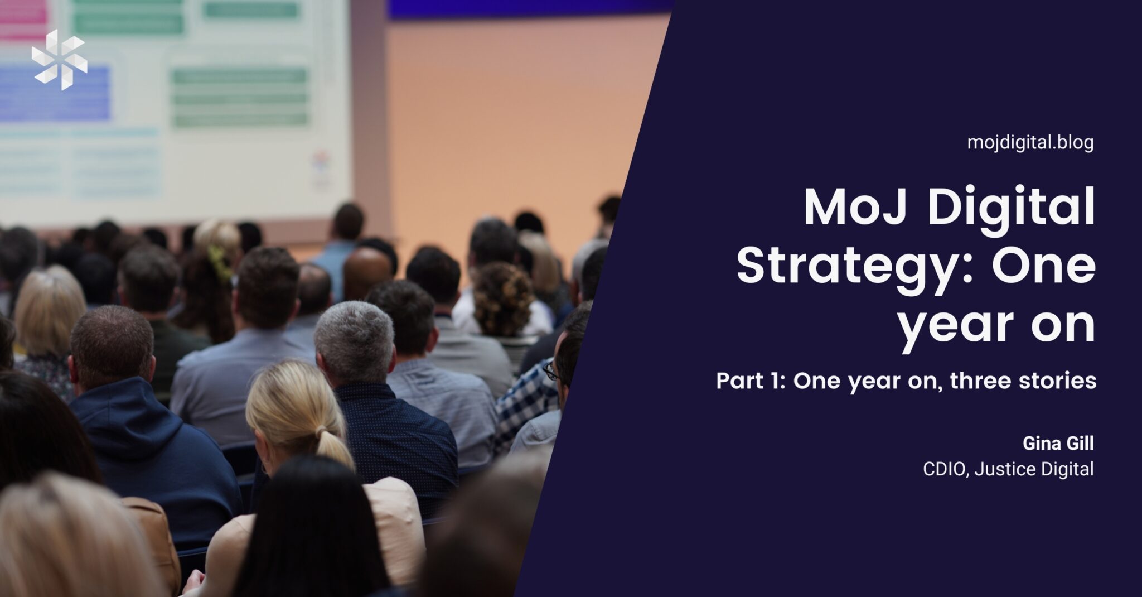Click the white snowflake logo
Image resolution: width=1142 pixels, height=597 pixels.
pyautogui.click(x=59, y=60)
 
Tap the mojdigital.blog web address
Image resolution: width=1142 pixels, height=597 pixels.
pyautogui.click(x=1030, y=143)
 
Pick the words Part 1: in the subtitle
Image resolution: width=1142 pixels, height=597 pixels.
pyautogui.click(x=751, y=382)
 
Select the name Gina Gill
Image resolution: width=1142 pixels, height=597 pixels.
pyautogui.click(x=1058, y=444)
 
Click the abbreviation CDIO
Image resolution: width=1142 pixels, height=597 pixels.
pyautogui.click(x=946, y=469)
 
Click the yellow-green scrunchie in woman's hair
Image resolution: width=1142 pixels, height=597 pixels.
pyautogui.click(x=219, y=261)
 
